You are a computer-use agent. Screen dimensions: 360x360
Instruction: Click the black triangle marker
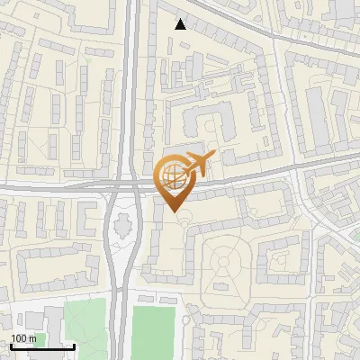[x=181, y=24]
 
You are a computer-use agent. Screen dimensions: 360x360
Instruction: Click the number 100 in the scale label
[x=19, y=338]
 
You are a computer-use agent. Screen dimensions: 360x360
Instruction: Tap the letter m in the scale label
[x=32, y=338]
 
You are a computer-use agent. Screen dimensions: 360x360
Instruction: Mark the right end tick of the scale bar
[x=74, y=346]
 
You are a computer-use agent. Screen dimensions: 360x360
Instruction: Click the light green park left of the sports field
[x=85, y=328]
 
